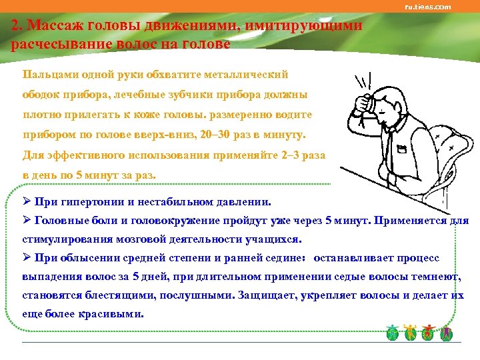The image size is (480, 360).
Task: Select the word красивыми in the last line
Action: (111, 313)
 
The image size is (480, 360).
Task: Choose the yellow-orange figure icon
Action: (411, 332)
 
